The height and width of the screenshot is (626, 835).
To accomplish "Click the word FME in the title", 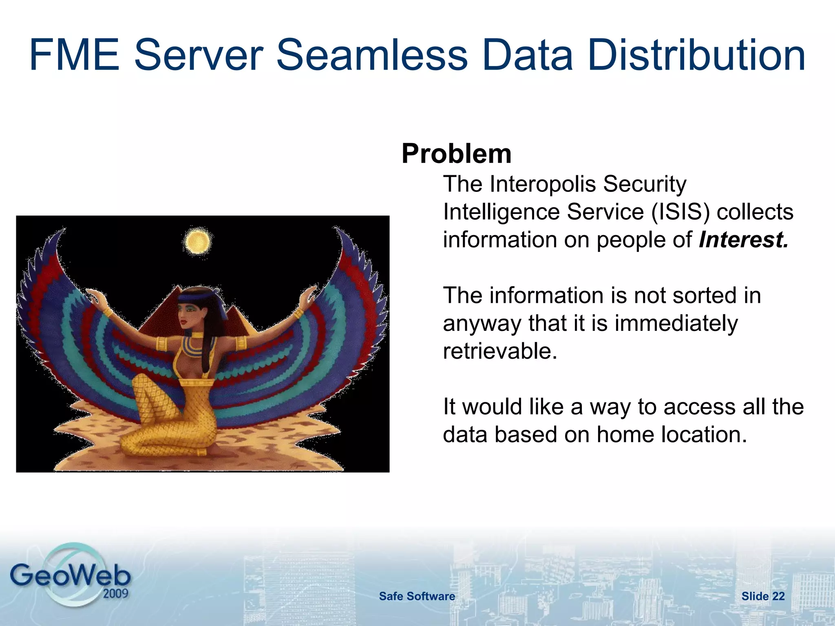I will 74,55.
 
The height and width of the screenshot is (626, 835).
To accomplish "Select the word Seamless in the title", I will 372,55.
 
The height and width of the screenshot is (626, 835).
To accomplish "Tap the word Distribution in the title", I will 696,55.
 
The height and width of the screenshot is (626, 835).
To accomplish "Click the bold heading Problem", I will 456,154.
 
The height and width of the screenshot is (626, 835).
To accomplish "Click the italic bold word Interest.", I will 743,240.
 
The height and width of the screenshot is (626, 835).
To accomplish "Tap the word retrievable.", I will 500,351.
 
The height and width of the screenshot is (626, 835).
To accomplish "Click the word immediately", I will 676,323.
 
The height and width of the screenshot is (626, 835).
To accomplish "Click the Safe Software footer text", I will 417,596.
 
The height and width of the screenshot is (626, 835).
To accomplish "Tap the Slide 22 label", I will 763,596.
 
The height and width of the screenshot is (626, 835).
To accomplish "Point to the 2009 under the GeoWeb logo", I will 115,593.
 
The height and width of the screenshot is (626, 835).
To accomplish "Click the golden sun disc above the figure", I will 197,241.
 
